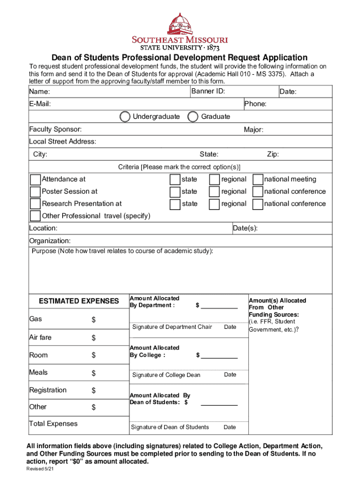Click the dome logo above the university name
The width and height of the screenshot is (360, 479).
[x=179, y=23]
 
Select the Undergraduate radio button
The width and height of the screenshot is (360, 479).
[x=125, y=116]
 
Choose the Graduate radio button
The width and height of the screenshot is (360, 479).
[x=193, y=116]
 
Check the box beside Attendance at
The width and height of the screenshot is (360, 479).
[x=35, y=180]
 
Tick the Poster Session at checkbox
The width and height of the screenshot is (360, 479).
[x=35, y=192]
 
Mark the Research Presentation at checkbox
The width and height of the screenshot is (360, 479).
[x=35, y=204]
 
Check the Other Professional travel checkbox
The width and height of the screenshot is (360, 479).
[x=35, y=216]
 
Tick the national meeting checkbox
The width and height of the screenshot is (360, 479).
[x=258, y=180]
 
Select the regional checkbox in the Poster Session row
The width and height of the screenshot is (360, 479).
[x=215, y=192]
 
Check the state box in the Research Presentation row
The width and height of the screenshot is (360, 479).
[x=175, y=204]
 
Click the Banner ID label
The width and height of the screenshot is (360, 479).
[x=208, y=91]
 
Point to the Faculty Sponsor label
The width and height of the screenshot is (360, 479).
[x=55, y=129]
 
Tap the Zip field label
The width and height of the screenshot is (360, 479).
[x=273, y=154]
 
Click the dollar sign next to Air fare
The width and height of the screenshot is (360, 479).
[x=94, y=338]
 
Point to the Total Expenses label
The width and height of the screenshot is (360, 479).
[x=53, y=424]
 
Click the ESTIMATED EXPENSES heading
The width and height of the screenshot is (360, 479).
[x=79, y=301]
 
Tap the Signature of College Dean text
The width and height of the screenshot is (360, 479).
[x=166, y=375]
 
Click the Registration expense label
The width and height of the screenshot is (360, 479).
[x=48, y=390]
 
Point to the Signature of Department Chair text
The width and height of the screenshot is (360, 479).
[x=172, y=327]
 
